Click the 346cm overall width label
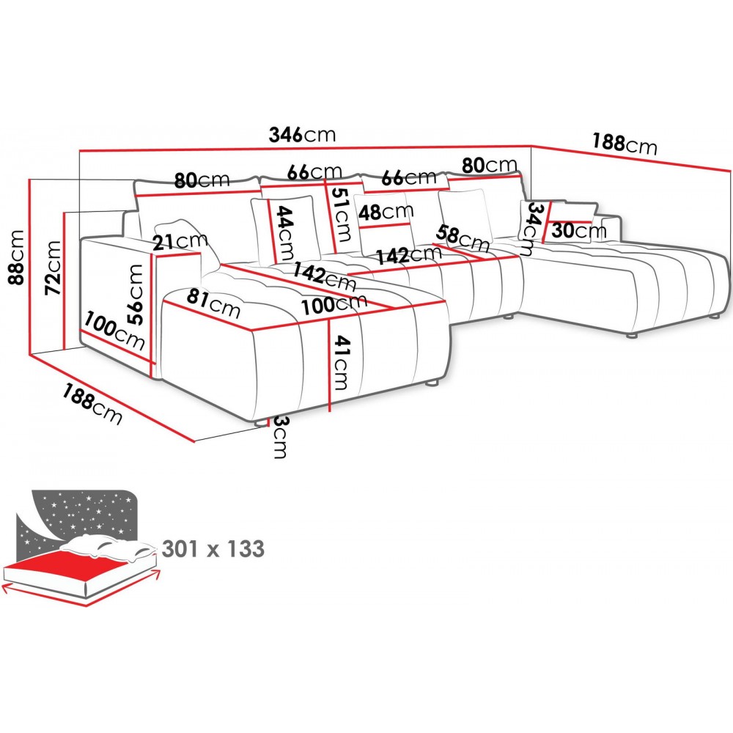tap(302, 135)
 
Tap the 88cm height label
tap(16, 257)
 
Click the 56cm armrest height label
tap(136, 293)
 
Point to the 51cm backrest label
tap(339, 214)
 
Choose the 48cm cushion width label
tap(386, 212)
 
